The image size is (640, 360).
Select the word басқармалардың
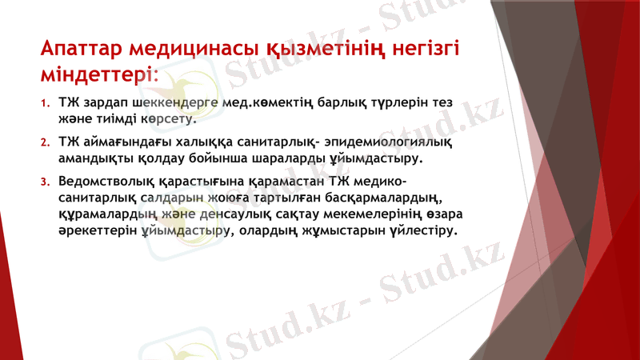[375, 198]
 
